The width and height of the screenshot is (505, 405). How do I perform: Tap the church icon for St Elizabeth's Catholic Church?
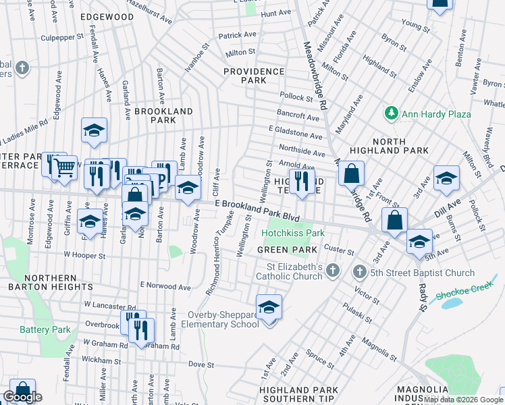[x=331, y=271]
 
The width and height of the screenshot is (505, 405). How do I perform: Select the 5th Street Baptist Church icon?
[x=359, y=272]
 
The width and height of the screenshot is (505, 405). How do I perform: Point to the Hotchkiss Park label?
[x=293, y=234]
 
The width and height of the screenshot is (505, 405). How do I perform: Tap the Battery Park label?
[x=45, y=329]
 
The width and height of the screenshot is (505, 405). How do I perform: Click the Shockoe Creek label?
[x=467, y=295]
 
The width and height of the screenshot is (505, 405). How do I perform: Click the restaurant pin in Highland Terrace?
[x=301, y=181]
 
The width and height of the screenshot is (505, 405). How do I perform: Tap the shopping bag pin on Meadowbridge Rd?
[x=351, y=173]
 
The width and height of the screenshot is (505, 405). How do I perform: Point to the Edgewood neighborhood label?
[x=107, y=16]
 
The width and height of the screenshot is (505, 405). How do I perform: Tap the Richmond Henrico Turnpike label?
[x=221, y=253]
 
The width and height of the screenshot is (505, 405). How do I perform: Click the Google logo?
[x=22, y=397]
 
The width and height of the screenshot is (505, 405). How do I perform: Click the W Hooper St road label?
[x=84, y=256]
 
